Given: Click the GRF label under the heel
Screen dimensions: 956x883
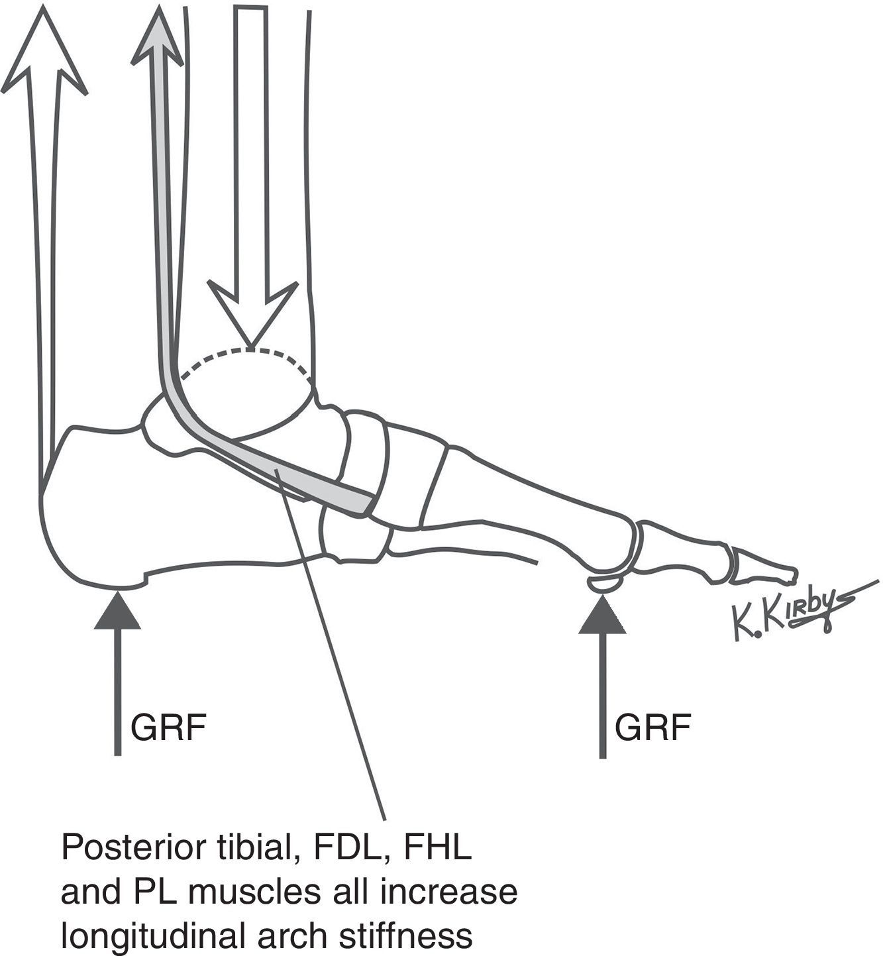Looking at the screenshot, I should pyautogui.click(x=169, y=728).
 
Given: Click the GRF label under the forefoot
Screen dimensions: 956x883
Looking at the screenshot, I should pyautogui.click(x=652, y=728).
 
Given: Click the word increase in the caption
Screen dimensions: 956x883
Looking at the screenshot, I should pyautogui.click(x=464, y=892).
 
